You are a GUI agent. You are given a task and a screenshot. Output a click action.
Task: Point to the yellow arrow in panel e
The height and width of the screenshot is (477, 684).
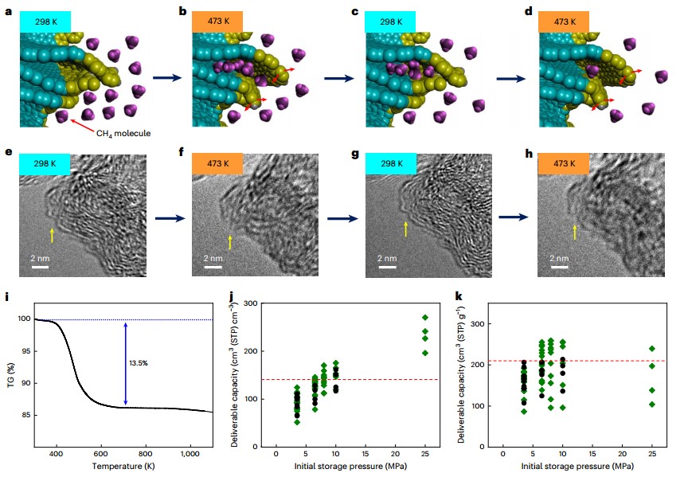pos(53,235)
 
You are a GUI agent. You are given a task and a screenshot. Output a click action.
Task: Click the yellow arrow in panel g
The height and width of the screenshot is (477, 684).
pos(405,230)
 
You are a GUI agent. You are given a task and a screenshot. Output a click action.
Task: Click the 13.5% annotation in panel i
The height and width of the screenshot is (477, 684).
pos(139,362)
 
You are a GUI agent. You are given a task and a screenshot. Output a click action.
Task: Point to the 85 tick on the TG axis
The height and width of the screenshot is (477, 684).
pos(22,415)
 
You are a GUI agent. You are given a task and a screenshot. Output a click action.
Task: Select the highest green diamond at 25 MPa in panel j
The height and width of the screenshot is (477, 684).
pos(425,318)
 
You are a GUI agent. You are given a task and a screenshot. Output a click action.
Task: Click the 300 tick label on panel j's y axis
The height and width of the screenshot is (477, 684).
pos(252,303)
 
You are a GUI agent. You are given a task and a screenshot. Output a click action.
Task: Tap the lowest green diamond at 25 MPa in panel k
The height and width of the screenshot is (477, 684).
pos(652,404)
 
